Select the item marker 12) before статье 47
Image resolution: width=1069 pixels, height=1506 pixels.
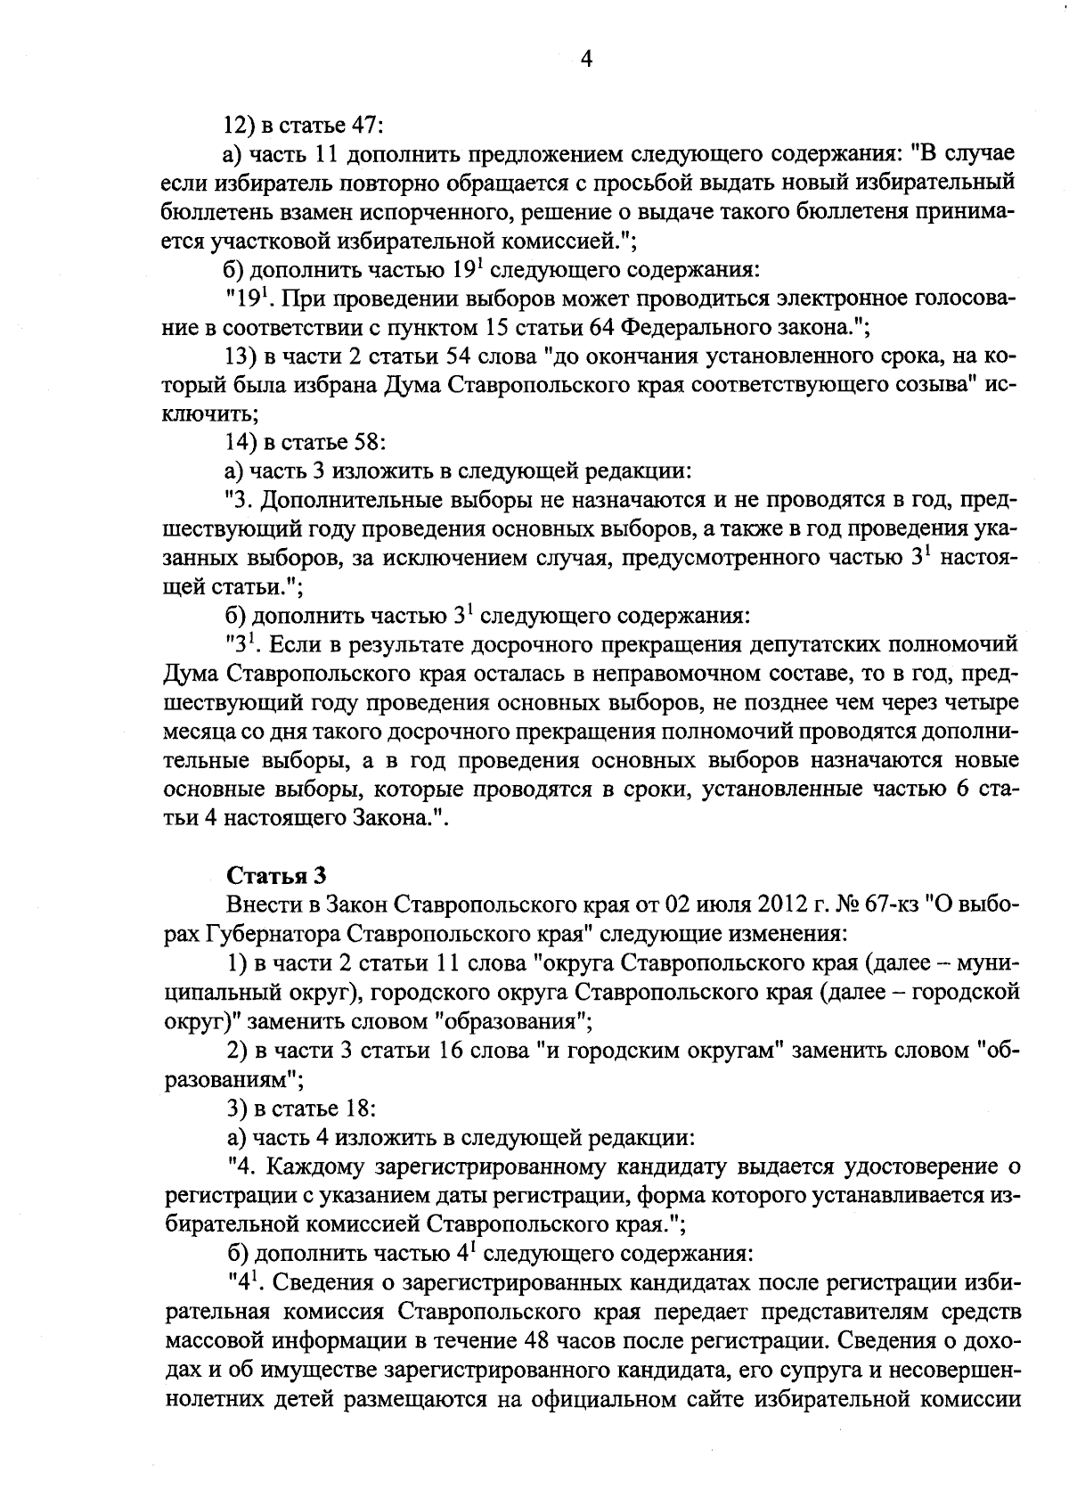(x=239, y=124)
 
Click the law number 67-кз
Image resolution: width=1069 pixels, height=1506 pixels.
(x=891, y=904)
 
